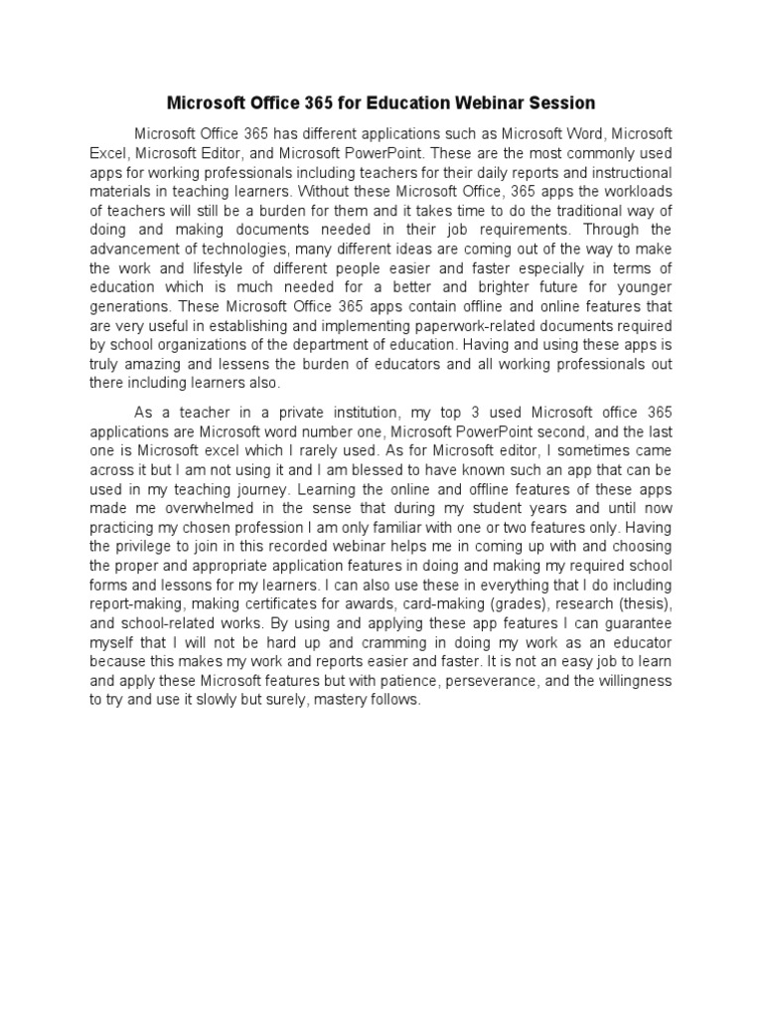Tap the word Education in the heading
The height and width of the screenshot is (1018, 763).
397,102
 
